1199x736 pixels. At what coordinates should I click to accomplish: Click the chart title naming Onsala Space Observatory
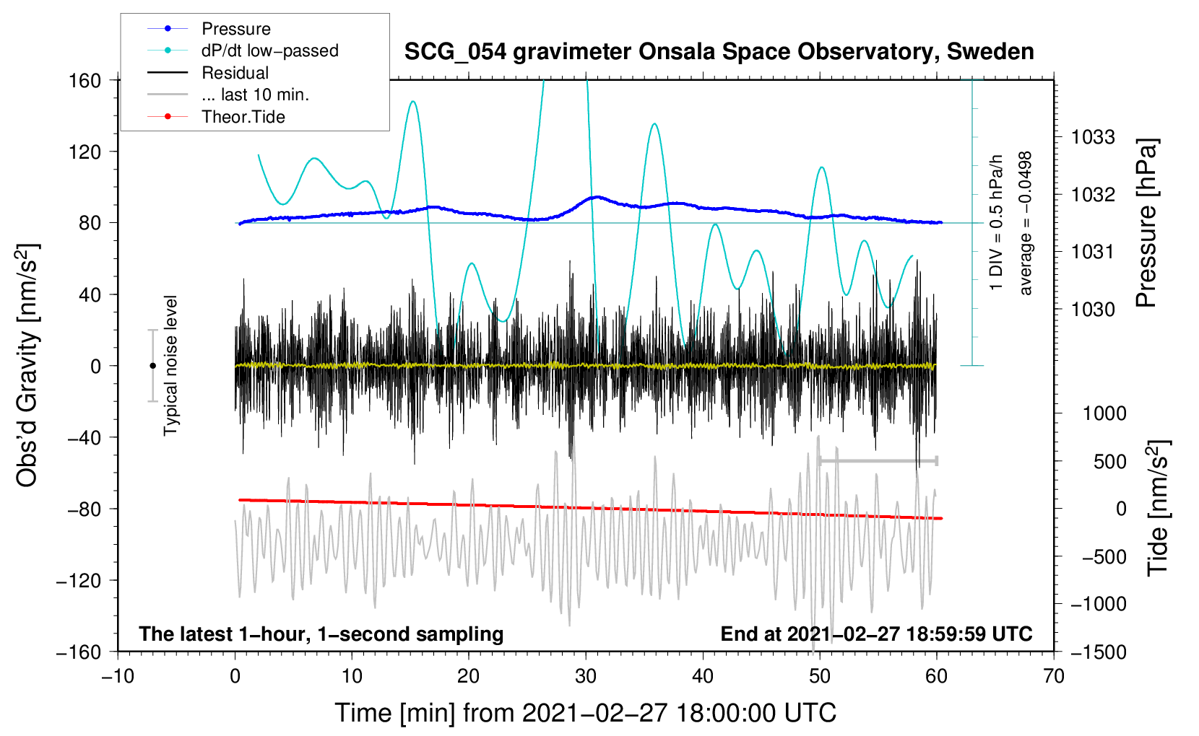719,52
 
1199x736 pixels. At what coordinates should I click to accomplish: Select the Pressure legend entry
235,29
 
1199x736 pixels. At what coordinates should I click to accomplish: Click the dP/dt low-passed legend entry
269,51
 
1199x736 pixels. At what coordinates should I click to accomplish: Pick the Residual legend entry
235,73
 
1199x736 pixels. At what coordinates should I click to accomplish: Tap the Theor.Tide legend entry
243,117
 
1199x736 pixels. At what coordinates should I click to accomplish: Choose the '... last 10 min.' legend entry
255,95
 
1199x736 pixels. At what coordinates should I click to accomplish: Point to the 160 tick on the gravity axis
85,80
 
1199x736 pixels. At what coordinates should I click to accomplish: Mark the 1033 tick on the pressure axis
1093,137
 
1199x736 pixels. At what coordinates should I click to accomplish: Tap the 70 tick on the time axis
1054,676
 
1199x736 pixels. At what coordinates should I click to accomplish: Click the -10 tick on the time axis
118,676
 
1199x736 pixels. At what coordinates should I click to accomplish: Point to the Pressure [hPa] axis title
1146,223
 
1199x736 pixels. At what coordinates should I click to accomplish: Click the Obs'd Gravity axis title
27,365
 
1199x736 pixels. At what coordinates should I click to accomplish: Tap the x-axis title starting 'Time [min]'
585,713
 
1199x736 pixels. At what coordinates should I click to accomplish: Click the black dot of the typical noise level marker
152,366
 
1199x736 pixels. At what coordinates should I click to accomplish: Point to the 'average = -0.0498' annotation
1026,223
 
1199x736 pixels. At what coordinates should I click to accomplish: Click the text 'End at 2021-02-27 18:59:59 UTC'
876,634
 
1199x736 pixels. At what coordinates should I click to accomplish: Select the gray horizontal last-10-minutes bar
878,460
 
